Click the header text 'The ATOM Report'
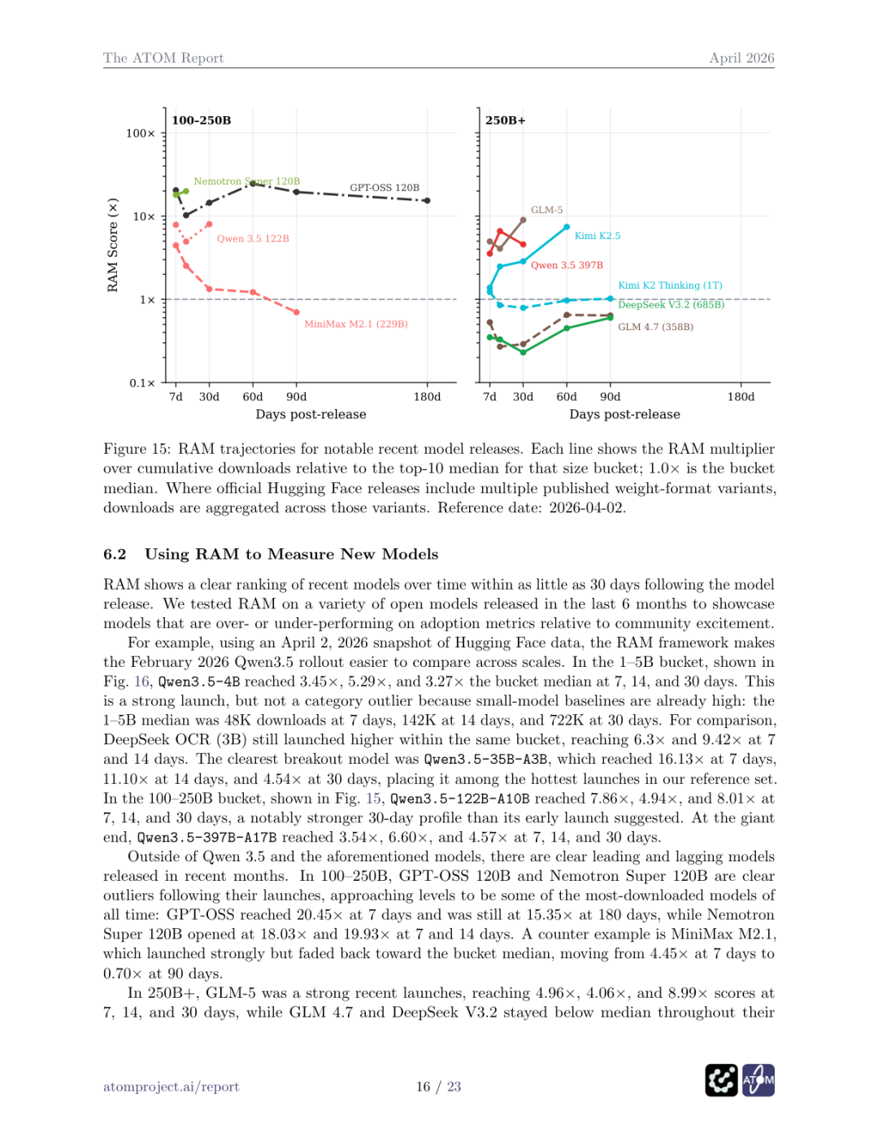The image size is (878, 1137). (x=163, y=58)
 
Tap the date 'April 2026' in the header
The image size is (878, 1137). (x=741, y=58)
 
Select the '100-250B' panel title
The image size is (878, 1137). (x=202, y=120)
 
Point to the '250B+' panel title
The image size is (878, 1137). (x=506, y=120)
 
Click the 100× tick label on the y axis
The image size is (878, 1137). (x=140, y=133)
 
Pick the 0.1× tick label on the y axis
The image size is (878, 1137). (x=141, y=383)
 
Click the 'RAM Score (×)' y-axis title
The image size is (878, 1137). (x=113, y=245)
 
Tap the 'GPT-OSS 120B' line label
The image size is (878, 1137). (x=385, y=188)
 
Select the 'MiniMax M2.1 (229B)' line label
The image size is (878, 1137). (x=356, y=324)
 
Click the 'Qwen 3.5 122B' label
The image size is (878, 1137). (x=253, y=238)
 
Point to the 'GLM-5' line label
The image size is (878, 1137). (x=546, y=210)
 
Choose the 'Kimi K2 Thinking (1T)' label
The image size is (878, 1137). (x=670, y=285)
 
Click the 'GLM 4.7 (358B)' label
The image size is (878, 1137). (x=655, y=327)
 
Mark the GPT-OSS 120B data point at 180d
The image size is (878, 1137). (x=428, y=200)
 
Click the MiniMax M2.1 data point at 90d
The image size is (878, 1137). (x=297, y=312)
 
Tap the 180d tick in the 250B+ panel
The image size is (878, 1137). (x=741, y=397)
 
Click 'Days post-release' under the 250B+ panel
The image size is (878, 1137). (x=624, y=414)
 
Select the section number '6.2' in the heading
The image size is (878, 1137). (x=115, y=554)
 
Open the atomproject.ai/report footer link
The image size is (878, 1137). (x=171, y=1087)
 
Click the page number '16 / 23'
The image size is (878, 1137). (x=438, y=1087)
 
